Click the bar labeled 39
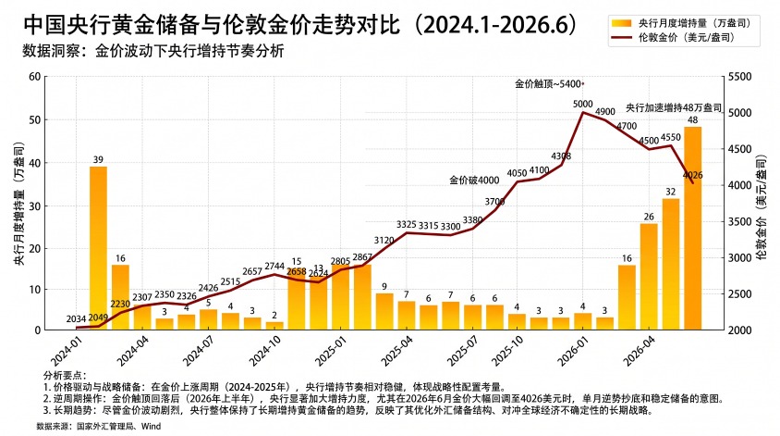[x=98, y=248]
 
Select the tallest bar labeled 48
[x=692, y=229]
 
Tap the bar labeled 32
[x=671, y=264]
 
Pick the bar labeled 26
[x=649, y=277]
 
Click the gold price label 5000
[x=582, y=105]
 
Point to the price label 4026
[x=692, y=175]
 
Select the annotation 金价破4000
[x=474, y=181]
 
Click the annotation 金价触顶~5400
[x=548, y=84]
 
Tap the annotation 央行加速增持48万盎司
[x=673, y=107]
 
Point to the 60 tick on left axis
[x=34, y=77]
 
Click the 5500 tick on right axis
[x=739, y=77]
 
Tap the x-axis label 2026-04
[x=640, y=350]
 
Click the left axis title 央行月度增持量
[x=18, y=204]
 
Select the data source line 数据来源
[x=99, y=426]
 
